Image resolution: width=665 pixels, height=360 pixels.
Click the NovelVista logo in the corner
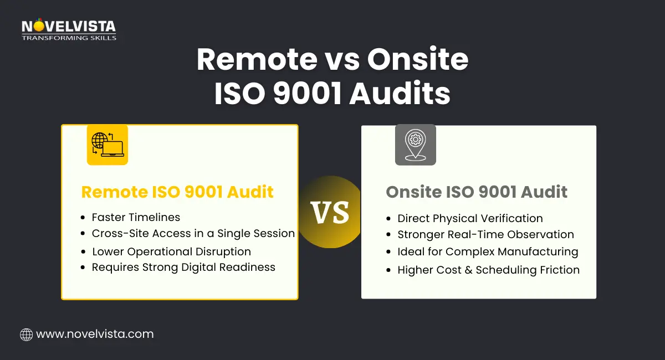(68, 30)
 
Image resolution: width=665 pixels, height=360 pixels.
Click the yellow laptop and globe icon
(108, 145)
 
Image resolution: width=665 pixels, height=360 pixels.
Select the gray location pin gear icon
(415, 145)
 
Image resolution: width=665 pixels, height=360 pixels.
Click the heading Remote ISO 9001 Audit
(177, 192)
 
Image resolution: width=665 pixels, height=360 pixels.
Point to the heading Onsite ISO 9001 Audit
(477, 192)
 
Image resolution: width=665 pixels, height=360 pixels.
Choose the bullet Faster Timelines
(136, 217)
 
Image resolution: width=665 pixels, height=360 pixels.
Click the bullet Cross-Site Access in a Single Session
(193, 234)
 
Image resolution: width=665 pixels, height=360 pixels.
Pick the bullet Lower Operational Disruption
(171, 251)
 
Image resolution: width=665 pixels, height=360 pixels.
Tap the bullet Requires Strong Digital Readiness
(183, 267)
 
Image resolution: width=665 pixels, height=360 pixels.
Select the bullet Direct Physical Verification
(470, 218)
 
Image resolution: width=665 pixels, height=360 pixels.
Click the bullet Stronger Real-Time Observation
(485, 235)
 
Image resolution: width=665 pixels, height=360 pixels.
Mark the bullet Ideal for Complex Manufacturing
(488, 252)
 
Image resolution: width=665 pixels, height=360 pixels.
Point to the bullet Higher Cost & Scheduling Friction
(488, 270)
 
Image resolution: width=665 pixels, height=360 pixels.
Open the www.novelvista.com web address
(95, 334)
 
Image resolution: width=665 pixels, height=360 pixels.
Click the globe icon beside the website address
(26, 334)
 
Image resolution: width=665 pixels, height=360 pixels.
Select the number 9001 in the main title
(306, 93)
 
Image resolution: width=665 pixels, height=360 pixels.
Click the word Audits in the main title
(400, 93)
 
